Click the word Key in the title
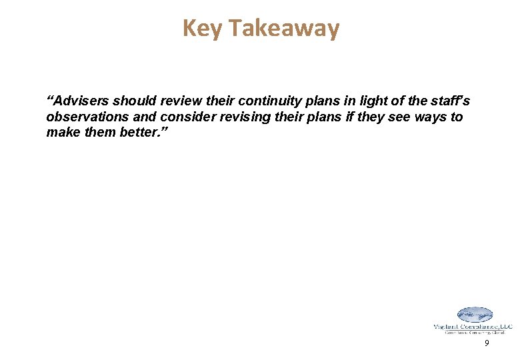[198, 28]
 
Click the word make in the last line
[61, 132]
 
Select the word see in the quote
[391, 117]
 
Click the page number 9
[487, 343]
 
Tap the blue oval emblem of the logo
[474, 315]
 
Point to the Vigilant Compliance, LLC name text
[473, 326]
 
